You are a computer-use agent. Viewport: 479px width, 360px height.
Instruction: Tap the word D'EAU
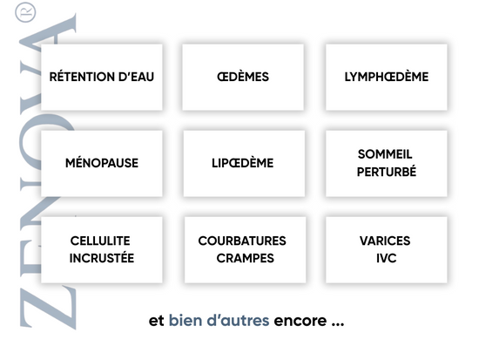[136, 77]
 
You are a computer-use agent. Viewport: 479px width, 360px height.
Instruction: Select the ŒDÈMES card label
[243, 77]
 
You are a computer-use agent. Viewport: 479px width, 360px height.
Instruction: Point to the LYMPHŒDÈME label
[387, 77]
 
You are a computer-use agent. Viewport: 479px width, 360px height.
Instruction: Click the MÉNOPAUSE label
[102, 163]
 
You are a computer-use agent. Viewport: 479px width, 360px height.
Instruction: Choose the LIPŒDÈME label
[243, 163]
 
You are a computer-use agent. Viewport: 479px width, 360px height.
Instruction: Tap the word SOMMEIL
[385, 154]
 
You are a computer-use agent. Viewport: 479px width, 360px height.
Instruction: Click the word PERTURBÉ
[387, 172]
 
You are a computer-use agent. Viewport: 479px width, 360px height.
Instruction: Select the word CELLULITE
[100, 241]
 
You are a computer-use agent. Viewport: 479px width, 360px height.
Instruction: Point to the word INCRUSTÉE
[102, 258]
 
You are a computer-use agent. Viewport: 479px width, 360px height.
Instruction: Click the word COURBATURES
[242, 241]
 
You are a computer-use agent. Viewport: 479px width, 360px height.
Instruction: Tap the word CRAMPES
[246, 258]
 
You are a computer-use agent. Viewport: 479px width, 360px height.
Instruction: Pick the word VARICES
[385, 241]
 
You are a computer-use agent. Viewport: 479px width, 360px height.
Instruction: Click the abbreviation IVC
[387, 258]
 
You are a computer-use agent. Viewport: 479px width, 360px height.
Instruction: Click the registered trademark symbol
[25, 12]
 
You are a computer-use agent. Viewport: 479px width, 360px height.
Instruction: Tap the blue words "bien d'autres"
[219, 321]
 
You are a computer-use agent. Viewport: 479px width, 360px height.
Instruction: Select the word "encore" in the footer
[300, 321]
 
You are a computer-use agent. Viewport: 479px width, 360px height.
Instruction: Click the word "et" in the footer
[157, 321]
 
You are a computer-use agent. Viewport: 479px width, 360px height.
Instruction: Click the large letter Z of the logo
[48, 308]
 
